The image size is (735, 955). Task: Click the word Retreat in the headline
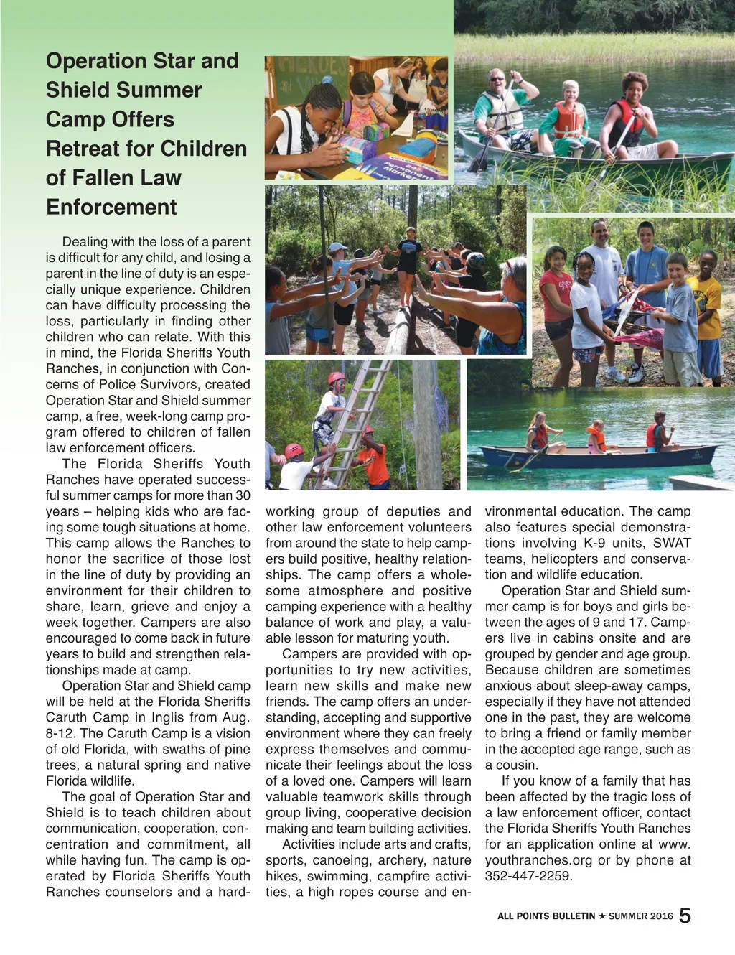coord(83,149)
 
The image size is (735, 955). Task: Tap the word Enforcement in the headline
coord(111,208)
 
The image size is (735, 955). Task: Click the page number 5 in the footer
coord(685,916)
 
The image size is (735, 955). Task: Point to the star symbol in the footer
coord(601,916)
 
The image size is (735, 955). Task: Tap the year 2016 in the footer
coord(660,916)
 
